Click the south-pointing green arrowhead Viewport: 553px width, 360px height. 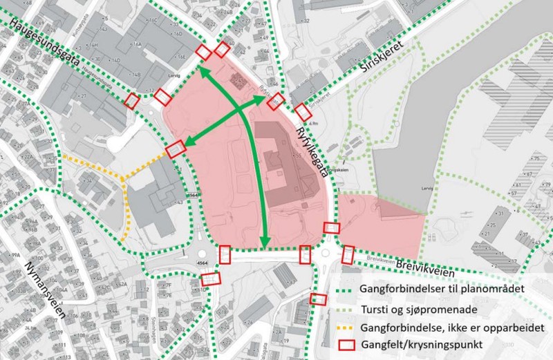coord(264,242)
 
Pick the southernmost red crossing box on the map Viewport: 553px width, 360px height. coord(317,299)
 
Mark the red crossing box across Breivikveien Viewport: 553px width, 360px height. coord(348,255)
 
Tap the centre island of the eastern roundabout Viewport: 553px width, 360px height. coord(327,254)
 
